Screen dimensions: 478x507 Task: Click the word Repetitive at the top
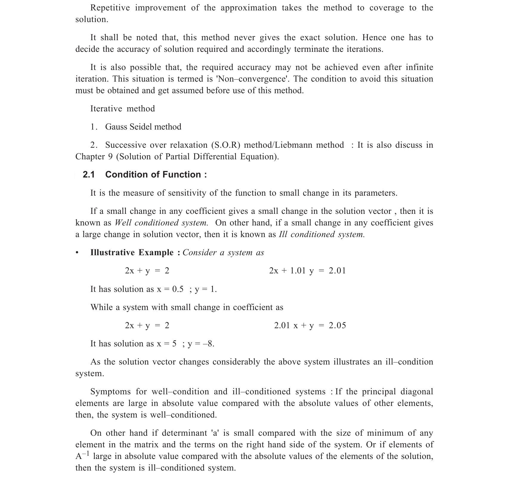[x=110, y=8]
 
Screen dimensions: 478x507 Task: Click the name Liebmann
[x=294, y=145]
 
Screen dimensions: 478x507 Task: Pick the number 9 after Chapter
[x=110, y=157]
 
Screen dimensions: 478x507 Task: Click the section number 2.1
[x=89, y=175]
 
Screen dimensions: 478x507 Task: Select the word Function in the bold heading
[x=183, y=175]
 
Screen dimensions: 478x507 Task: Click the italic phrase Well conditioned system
[x=161, y=223]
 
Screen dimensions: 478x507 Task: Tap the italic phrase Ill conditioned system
[x=321, y=234]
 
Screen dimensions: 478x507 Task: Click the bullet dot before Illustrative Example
[x=77, y=253]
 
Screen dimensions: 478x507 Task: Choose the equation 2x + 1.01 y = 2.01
[x=307, y=271]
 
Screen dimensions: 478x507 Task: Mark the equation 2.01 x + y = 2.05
[x=310, y=325]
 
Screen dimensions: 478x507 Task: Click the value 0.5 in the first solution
[x=178, y=289]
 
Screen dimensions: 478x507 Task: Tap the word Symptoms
[x=110, y=392]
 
